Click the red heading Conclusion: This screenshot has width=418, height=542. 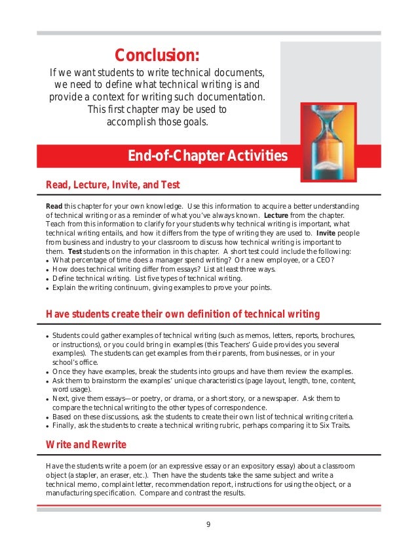pos(157,52)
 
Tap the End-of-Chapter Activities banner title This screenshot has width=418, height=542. pos(207,156)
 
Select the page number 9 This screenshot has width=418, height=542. pos(208,523)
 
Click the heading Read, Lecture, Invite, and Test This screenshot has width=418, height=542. pos(113,184)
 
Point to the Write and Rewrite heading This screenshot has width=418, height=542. pos(86,445)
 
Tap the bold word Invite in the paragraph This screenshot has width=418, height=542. pos(329,234)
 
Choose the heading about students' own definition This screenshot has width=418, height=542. pos(183,313)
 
